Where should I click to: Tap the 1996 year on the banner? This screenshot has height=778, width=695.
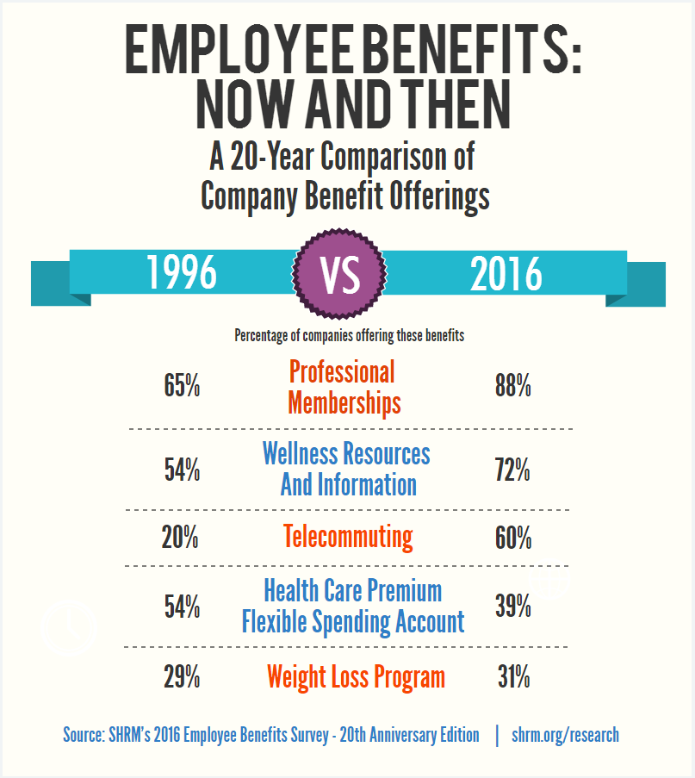pyautogui.click(x=181, y=273)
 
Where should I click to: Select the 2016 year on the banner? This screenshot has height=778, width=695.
pyautogui.click(x=506, y=274)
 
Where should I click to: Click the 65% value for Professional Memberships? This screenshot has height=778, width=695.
pyautogui.click(x=182, y=386)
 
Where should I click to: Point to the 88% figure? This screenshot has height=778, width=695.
pyautogui.click(x=512, y=386)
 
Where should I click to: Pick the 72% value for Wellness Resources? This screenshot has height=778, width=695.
pyautogui.click(x=512, y=470)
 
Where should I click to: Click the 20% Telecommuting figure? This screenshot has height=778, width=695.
pyautogui.click(x=180, y=538)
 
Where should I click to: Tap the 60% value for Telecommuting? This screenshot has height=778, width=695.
pyautogui.click(x=513, y=538)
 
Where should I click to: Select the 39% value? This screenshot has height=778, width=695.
pyautogui.click(x=512, y=607)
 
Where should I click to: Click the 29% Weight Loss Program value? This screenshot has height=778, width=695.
pyautogui.click(x=182, y=677)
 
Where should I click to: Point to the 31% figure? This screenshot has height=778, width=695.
pyautogui.click(x=513, y=677)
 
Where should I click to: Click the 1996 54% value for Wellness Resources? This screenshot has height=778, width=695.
pyautogui.click(x=182, y=470)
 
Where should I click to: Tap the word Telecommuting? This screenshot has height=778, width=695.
pyautogui.click(x=348, y=538)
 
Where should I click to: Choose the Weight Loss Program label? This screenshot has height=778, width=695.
pyautogui.click(x=356, y=677)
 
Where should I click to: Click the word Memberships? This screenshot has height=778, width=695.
pyautogui.click(x=344, y=402)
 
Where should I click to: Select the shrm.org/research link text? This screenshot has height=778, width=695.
pyautogui.click(x=565, y=735)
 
